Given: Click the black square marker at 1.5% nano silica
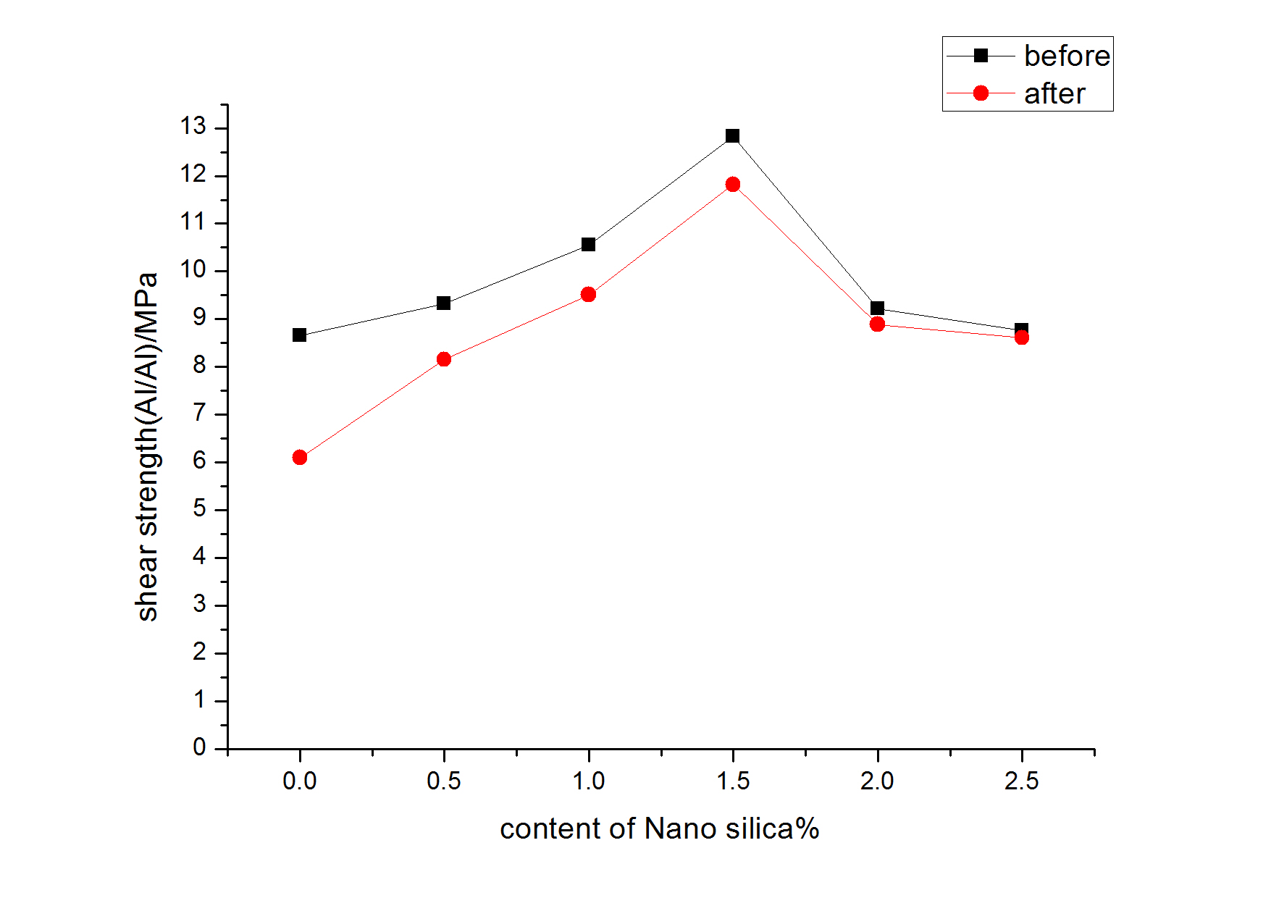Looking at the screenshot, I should click(732, 136).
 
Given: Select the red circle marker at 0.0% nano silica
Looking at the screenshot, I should click(300, 457).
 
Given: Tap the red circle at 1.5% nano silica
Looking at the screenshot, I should click(732, 185).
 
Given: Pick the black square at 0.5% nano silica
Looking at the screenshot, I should click(444, 303).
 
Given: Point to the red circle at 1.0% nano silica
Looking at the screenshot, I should click(588, 294).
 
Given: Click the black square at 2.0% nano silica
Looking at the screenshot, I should click(877, 308).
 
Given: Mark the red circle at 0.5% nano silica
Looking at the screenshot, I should click(444, 359).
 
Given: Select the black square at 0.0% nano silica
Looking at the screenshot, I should click(300, 335).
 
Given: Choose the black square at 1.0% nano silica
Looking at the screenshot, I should click(588, 244).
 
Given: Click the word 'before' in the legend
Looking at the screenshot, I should click(1066, 56).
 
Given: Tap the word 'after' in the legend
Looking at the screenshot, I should click(1054, 93).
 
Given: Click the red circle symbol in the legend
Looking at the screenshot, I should click(981, 93).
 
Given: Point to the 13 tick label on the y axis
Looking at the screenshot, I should click(193, 127).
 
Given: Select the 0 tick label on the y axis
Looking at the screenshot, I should click(199, 747).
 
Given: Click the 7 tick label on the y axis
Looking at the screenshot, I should click(199, 414).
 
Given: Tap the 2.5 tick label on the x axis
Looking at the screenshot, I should click(1021, 781).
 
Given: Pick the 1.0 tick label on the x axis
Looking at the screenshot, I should click(588, 781).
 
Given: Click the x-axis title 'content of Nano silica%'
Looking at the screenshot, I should click(659, 828).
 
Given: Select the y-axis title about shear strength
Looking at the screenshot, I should click(147, 447).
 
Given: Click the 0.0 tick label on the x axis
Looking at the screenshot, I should click(300, 781).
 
